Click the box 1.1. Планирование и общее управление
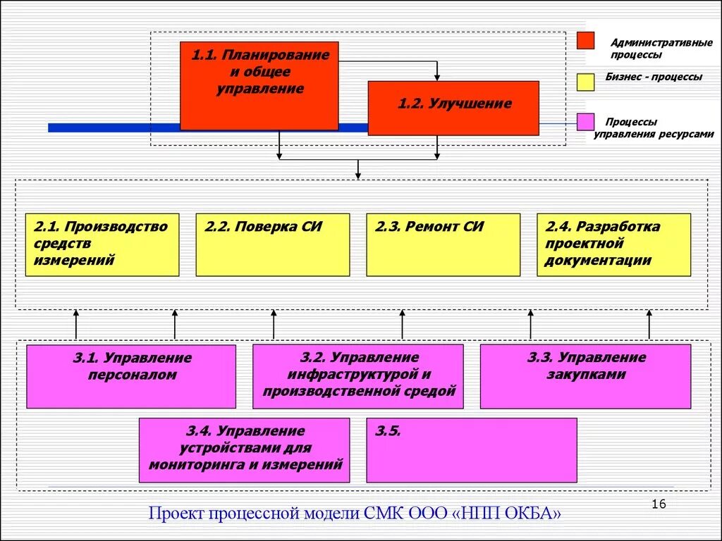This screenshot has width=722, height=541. [x=259, y=85]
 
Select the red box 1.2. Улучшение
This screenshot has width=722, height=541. [x=453, y=108]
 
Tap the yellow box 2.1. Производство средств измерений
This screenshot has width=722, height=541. [x=102, y=244]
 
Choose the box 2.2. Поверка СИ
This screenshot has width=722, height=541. [x=272, y=244]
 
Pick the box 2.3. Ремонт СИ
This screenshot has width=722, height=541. [x=443, y=244]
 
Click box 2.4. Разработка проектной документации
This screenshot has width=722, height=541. [x=613, y=244]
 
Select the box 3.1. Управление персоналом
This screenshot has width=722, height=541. [x=131, y=376]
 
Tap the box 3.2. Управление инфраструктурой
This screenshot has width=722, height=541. [x=358, y=376]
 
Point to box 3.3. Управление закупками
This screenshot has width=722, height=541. [x=585, y=376]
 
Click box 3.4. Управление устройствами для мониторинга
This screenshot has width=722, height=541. [x=244, y=449]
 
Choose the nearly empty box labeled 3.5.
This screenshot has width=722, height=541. [x=471, y=449]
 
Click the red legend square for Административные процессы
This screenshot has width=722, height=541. [x=585, y=41]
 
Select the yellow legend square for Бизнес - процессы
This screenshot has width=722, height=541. [x=585, y=82]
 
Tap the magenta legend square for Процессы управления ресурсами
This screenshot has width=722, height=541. [x=585, y=122]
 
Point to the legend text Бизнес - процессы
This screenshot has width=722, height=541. [x=653, y=77]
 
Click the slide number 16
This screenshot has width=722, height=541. [x=659, y=504]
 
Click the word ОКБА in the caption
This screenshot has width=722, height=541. [x=530, y=514]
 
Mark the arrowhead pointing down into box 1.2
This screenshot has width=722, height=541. [x=437, y=77]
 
